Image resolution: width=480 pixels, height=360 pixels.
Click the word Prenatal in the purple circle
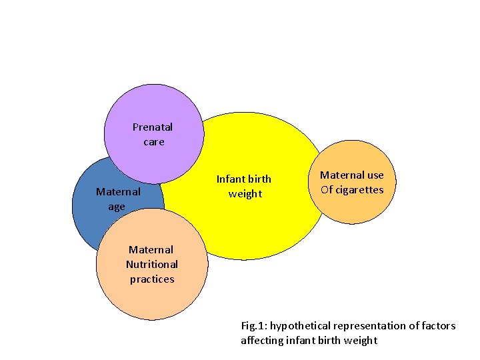coord(153,127)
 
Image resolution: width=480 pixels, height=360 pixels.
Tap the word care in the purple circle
coord(153,142)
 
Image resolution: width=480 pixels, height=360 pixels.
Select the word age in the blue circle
coord(117,207)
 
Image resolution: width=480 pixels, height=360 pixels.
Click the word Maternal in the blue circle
coord(118,192)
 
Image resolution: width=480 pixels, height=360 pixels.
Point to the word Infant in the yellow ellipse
coord(231,179)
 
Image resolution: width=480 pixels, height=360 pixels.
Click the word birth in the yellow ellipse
coord(259,179)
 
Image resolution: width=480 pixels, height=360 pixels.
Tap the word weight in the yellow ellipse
coord(245,194)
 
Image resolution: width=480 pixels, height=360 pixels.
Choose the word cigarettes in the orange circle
coord(360,190)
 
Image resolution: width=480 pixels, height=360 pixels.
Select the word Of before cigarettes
coord(327,190)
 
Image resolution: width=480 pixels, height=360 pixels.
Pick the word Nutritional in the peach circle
coord(152,265)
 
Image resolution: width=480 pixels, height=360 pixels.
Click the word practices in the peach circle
coord(152,279)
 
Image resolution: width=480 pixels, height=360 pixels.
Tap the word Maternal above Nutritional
coord(151,250)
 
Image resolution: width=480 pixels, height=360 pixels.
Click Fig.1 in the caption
coord(253,326)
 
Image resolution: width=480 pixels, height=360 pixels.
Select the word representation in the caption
coord(369,326)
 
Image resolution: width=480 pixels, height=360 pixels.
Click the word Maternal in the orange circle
coord(341,175)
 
